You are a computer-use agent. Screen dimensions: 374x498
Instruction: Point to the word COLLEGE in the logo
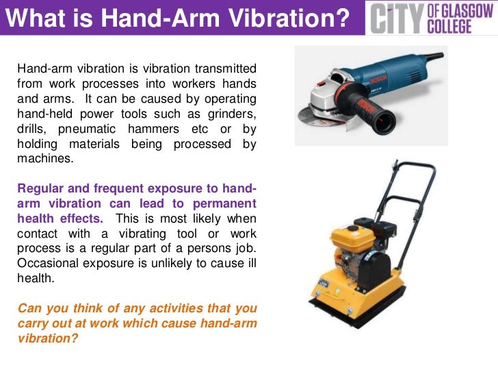click(x=454, y=26)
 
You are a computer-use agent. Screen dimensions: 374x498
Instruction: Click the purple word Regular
click(x=39, y=188)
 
